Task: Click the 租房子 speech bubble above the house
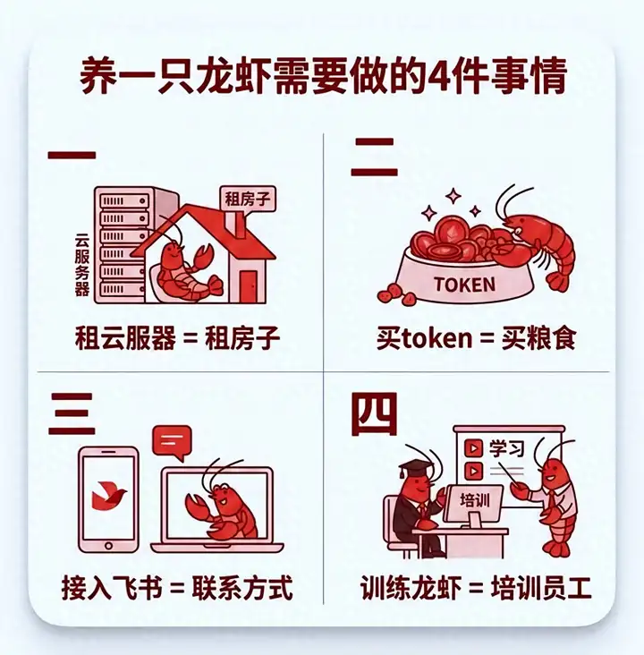248,200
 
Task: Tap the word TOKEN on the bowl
464,285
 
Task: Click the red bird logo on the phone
108,496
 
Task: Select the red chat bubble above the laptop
172,442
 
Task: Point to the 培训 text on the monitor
474,499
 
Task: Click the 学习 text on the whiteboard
506,448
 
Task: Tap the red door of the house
249,286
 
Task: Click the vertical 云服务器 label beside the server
82,265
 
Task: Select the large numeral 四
374,414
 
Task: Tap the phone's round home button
108,545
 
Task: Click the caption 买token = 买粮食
476,338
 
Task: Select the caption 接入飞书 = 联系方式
177,588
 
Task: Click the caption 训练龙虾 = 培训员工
476,588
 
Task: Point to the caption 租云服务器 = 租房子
177,338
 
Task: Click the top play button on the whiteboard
473,448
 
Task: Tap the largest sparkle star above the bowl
453,195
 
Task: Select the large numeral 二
374,157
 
